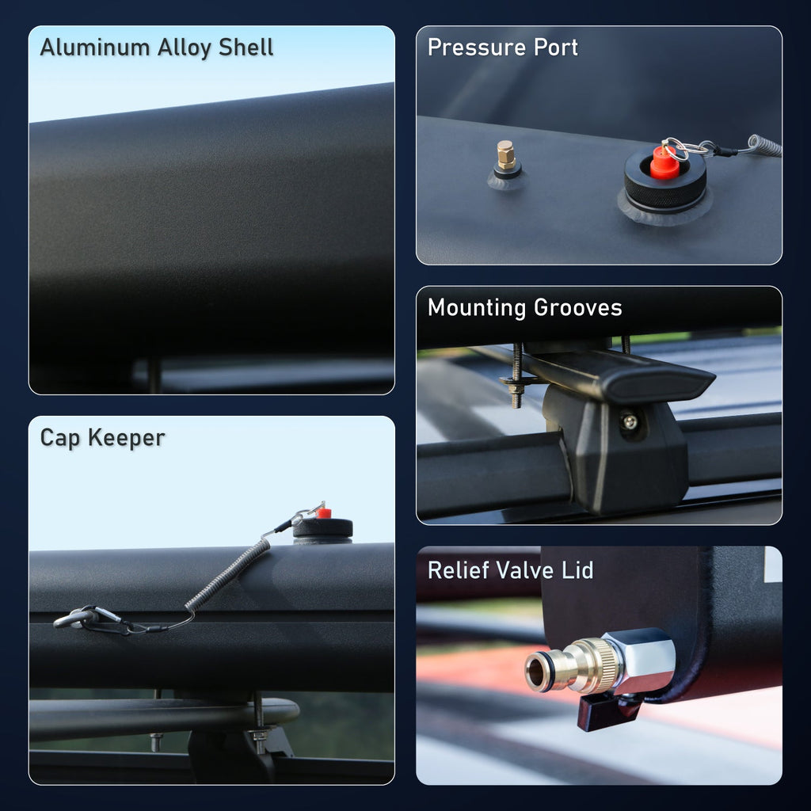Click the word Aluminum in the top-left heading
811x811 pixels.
tap(83, 48)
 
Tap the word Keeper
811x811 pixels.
tap(129, 437)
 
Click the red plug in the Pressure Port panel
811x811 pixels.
tap(664, 162)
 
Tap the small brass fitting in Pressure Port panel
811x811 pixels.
tap(507, 155)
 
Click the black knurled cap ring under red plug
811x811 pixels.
tap(665, 188)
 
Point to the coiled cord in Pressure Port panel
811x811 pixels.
tap(762, 147)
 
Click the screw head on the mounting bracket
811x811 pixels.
tap(630, 421)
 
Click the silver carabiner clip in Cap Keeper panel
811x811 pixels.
tap(87, 616)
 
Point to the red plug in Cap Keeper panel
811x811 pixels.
tap(323, 513)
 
